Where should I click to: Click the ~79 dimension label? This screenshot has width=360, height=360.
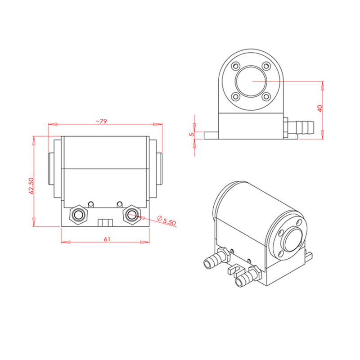click(101, 121)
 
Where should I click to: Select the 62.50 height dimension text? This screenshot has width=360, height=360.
click(31, 186)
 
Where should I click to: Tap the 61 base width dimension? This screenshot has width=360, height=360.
click(107, 239)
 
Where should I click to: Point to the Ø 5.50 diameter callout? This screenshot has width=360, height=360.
click(166, 220)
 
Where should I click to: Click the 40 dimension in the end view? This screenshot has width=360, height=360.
click(320, 108)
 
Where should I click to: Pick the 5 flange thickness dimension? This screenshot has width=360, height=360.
click(192, 134)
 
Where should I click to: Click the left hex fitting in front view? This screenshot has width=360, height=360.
click(79, 215)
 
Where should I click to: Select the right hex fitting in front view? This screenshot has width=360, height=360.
click(132, 215)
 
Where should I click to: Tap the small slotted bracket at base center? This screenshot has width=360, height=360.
click(105, 223)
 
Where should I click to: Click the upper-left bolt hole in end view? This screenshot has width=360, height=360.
click(236, 66)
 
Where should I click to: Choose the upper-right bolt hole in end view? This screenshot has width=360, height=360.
click(266, 66)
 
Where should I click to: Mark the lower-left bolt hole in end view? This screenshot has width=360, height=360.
click(236, 97)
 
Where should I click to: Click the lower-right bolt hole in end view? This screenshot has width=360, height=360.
click(266, 97)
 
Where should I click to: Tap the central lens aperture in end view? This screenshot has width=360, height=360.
click(251, 81)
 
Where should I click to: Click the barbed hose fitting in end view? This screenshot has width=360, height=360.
click(299, 127)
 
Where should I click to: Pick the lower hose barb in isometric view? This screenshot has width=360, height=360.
click(248, 276)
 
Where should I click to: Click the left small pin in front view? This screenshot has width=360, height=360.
click(91, 204)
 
